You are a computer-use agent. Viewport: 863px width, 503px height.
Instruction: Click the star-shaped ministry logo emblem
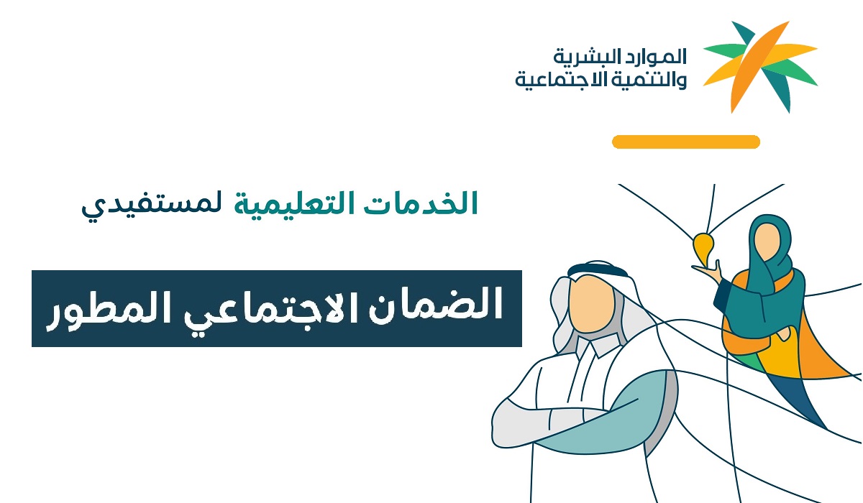(759, 67)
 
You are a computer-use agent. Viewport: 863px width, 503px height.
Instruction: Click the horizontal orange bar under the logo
(686, 142)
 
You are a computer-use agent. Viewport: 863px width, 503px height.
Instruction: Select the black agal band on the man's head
(597, 269)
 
